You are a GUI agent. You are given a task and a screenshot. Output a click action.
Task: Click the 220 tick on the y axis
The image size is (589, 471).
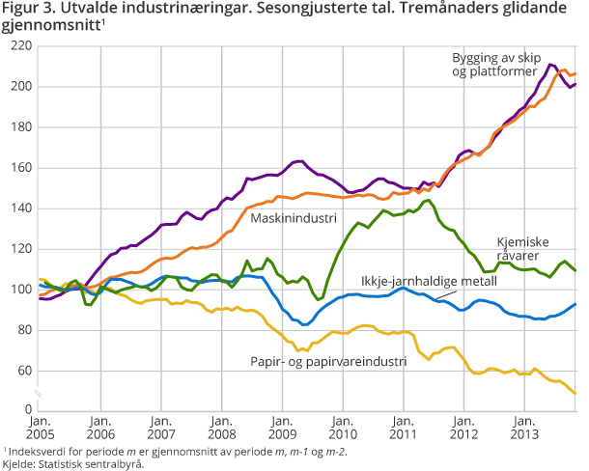coord(20,46)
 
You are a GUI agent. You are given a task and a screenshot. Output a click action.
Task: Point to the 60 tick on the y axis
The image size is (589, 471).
coord(23,371)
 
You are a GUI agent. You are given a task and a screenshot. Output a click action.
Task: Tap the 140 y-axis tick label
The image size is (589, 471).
coord(20,208)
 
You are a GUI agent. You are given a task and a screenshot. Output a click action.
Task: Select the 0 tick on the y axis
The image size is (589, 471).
coord(28,410)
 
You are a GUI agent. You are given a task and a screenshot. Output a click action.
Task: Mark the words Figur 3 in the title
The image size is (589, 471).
coord(27,10)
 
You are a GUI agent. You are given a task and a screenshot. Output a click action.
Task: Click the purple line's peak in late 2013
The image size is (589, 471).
coord(550,65)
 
